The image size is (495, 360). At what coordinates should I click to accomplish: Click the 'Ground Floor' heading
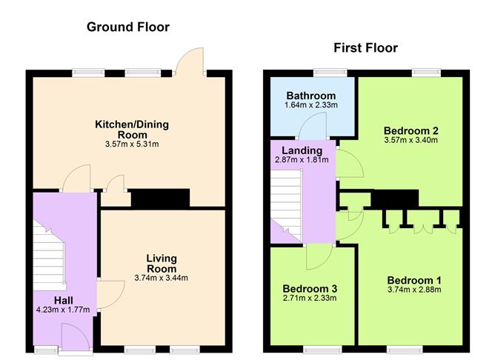(x=128, y=27)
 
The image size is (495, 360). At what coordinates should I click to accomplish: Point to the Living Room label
(x=161, y=263)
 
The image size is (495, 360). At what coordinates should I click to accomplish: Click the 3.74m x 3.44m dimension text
(x=161, y=278)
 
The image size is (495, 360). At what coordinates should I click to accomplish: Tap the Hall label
(x=63, y=299)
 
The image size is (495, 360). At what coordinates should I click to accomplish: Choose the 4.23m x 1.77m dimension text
(x=62, y=310)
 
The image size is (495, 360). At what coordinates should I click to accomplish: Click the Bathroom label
(x=311, y=96)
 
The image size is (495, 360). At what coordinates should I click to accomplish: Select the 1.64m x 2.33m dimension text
(x=311, y=106)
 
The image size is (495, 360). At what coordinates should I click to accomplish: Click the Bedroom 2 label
(x=411, y=128)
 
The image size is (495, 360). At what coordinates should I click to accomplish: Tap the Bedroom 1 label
(x=414, y=280)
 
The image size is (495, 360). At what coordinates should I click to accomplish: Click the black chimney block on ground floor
(x=160, y=198)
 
